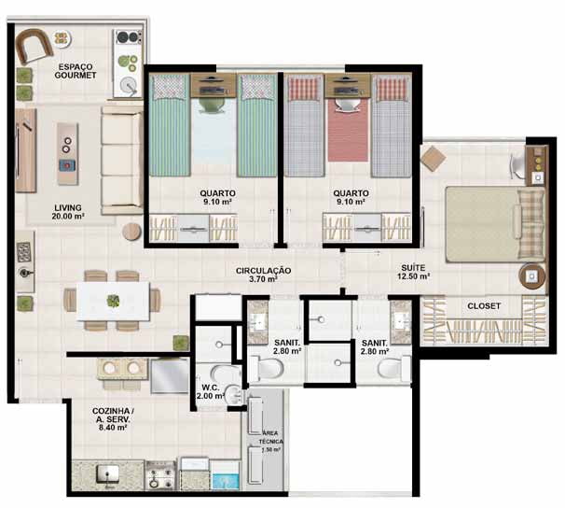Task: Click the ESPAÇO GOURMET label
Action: [x=76, y=71]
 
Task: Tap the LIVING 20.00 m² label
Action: [x=68, y=212]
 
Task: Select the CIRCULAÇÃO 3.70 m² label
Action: [x=263, y=275]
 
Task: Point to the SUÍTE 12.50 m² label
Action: [x=413, y=272]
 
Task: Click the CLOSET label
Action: [x=484, y=306]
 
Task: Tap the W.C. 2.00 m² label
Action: [x=211, y=392]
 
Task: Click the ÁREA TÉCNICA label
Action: [x=270, y=437]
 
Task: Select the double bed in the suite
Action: [x=495, y=224]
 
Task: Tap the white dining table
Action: [x=114, y=302]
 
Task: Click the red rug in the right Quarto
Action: [x=349, y=130]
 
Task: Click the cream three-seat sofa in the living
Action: [x=122, y=161]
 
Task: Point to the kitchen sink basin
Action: [x=108, y=473]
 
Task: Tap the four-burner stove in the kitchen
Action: [x=160, y=475]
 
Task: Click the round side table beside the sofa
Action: [x=131, y=232]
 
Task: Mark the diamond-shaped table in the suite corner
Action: [x=434, y=158]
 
